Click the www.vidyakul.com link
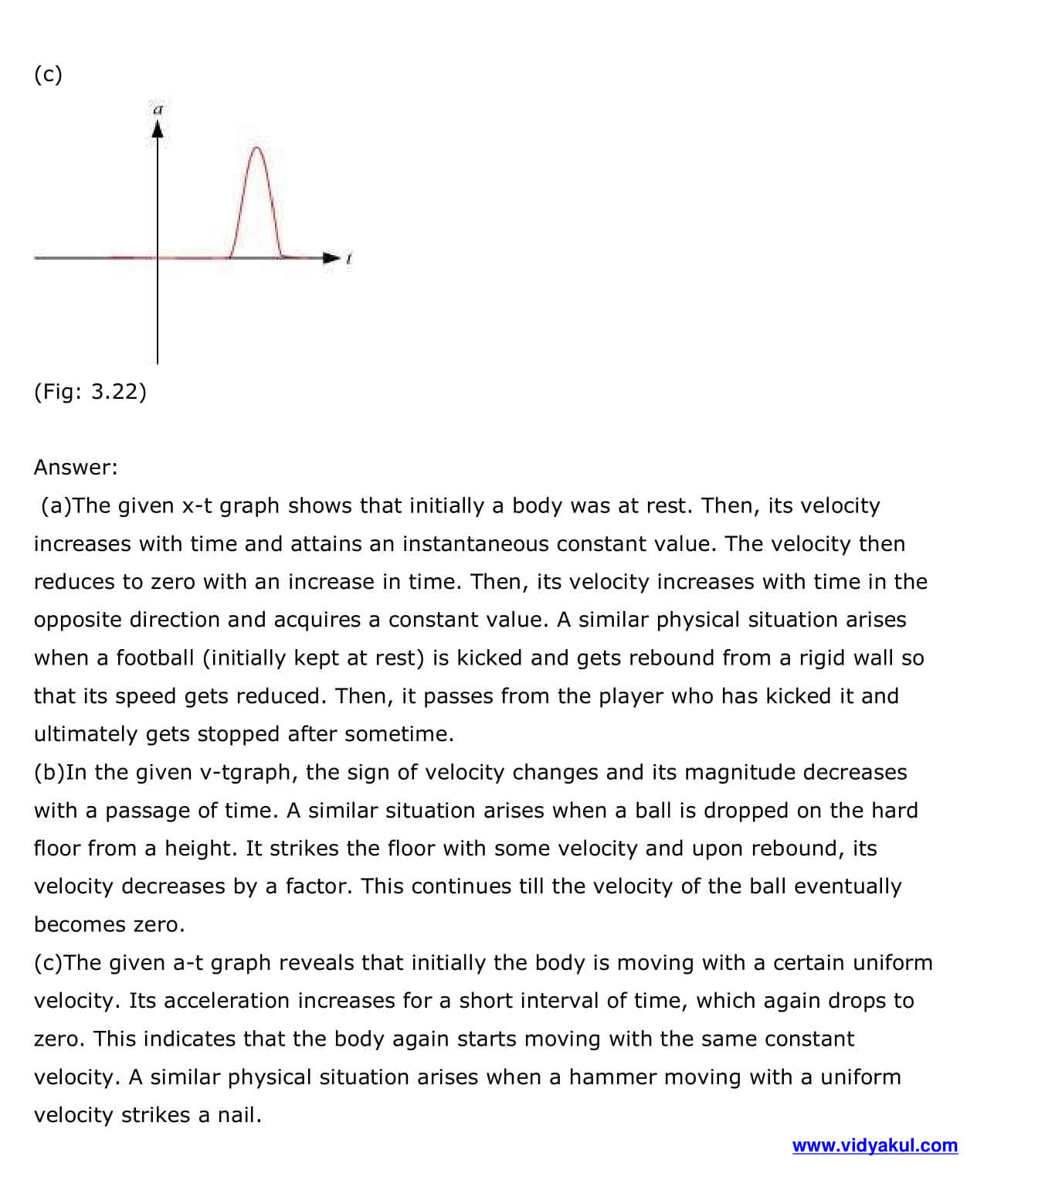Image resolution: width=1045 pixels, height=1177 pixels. (x=874, y=1145)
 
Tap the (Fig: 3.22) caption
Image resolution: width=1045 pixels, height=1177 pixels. (x=90, y=391)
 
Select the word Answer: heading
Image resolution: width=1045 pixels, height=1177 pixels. (x=76, y=467)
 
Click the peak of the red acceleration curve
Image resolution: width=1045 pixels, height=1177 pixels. (x=257, y=148)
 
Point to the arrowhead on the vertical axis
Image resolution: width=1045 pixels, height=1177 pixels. (x=158, y=130)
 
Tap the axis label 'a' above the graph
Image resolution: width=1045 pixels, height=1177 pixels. (x=158, y=109)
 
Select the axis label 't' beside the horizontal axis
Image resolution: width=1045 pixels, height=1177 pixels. (x=349, y=258)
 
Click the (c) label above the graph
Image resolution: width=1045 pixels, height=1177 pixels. (x=48, y=74)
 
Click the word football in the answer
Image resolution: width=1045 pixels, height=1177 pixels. (x=155, y=658)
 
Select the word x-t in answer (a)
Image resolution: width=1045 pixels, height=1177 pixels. (x=197, y=505)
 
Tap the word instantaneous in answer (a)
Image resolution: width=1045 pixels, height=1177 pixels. (x=475, y=543)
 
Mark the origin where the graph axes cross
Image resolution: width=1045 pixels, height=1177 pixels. (x=158, y=257)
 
